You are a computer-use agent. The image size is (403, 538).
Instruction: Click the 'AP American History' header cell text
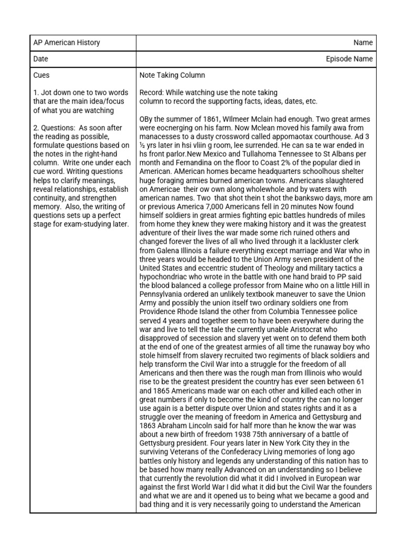click(x=66, y=43)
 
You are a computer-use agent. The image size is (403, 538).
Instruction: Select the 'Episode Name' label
click(x=349, y=59)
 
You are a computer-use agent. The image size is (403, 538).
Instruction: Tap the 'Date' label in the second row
click(x=41, y=59)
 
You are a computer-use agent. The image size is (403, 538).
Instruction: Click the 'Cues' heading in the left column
click(x=41, y=76)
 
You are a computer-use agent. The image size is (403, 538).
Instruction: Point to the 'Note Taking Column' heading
click(x=172, y=76)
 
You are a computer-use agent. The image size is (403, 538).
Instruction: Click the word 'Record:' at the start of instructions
click(x=152, y=92)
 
